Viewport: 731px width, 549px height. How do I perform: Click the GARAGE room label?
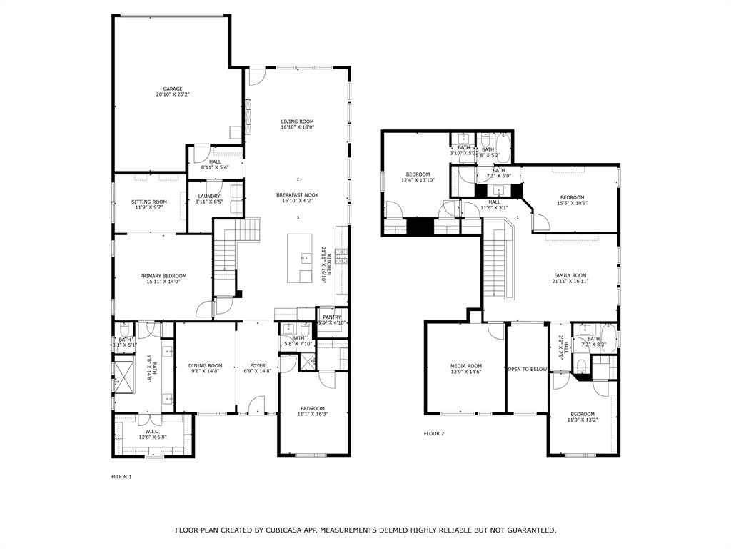click(x=173, y=89)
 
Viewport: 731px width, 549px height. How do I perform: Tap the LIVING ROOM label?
click(x=297, y=122)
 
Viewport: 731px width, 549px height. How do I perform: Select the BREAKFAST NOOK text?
click(x=297, y=194)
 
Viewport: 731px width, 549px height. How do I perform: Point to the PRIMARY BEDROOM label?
click(x=163, y=276)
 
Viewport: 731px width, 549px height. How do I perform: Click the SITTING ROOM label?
click(x=149, y=202)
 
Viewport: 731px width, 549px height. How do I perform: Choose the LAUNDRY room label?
click(x=209, y=196)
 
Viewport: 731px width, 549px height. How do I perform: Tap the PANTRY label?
click(x=332, y=317)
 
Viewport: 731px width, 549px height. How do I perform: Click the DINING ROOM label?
click(x=206, y=365)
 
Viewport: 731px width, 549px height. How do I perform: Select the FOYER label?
click(x=258, y=365)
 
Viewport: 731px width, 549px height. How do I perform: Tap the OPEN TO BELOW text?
click(x=528, y=369)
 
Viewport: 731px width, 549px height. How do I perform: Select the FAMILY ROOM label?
click(x=570, y=275)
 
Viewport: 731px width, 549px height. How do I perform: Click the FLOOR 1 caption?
click(x=121, y=476)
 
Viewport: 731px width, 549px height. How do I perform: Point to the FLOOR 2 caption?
click(x=434, y=433)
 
